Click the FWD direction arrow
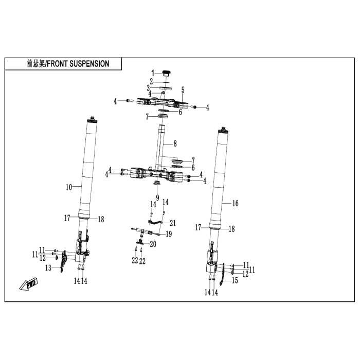(28, 284)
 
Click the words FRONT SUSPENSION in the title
(78, 64)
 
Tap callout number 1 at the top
(153, 73)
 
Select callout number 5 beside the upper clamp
(183, 90)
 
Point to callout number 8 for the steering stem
(175, 143)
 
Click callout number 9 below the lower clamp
(157, 197)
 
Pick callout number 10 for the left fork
(69, 187)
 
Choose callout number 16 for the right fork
(236, 203)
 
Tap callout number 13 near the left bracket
(48, 268)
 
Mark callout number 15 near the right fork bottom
(235, 280)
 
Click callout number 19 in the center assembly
(169, 234)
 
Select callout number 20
(153, 244)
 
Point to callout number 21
(173, 223)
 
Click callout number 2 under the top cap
(151, 81)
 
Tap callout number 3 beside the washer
(148, 88)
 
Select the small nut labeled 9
(157, 183)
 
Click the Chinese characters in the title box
(36, 64)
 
